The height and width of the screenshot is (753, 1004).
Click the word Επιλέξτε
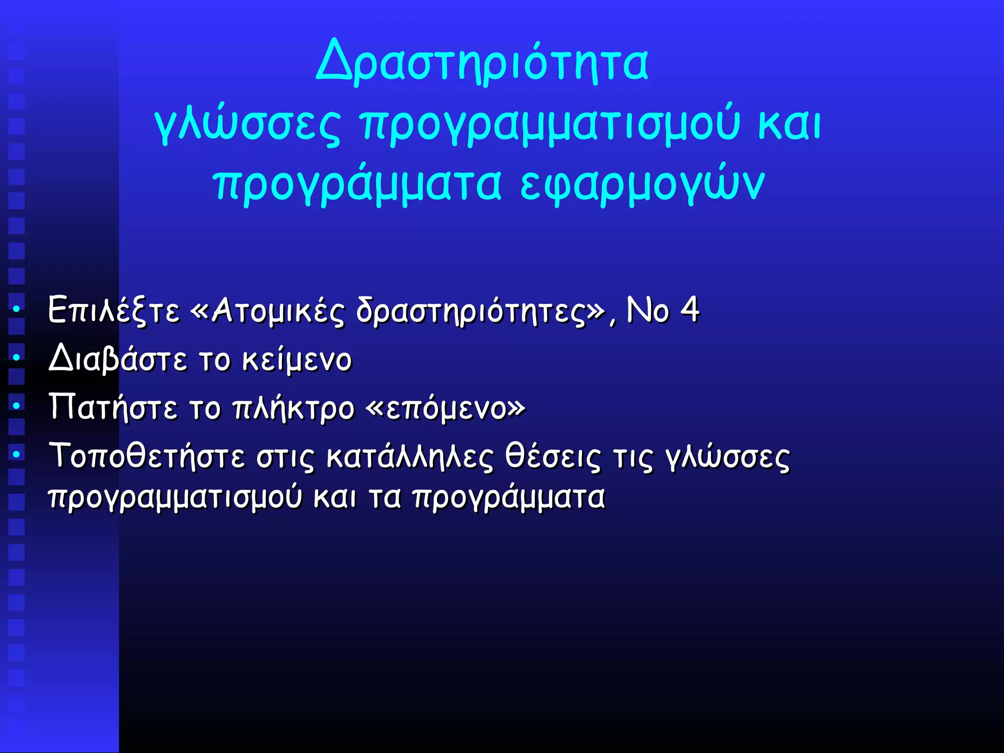click(114, 310)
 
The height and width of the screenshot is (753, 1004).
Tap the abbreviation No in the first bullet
click(648, 310)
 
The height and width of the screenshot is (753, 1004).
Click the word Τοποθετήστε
click(147, 456)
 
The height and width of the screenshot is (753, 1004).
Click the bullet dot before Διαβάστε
click(17, 358)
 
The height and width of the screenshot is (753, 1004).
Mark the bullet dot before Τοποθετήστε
click(17, 454)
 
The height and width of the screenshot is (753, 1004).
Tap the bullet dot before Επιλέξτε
click(17, 309)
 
